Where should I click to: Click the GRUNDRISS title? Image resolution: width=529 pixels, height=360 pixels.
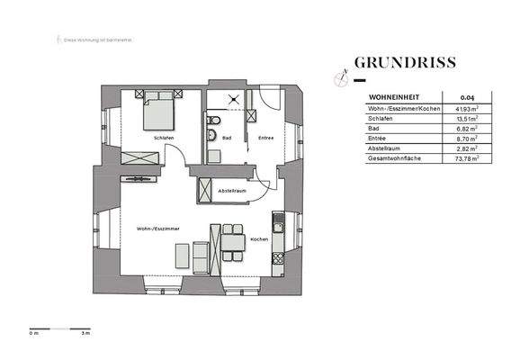click(x=405, y=63)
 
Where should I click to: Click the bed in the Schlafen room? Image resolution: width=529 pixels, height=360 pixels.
click(x=158, y=112)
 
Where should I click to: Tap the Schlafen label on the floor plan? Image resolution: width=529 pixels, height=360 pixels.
click(x=163, y=137)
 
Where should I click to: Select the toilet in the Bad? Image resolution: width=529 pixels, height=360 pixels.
click(x=211, y=137)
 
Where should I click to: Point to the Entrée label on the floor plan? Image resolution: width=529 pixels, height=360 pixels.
click(x=265, y=138)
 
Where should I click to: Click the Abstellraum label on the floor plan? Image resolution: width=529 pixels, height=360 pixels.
click(x=232, y=191)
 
